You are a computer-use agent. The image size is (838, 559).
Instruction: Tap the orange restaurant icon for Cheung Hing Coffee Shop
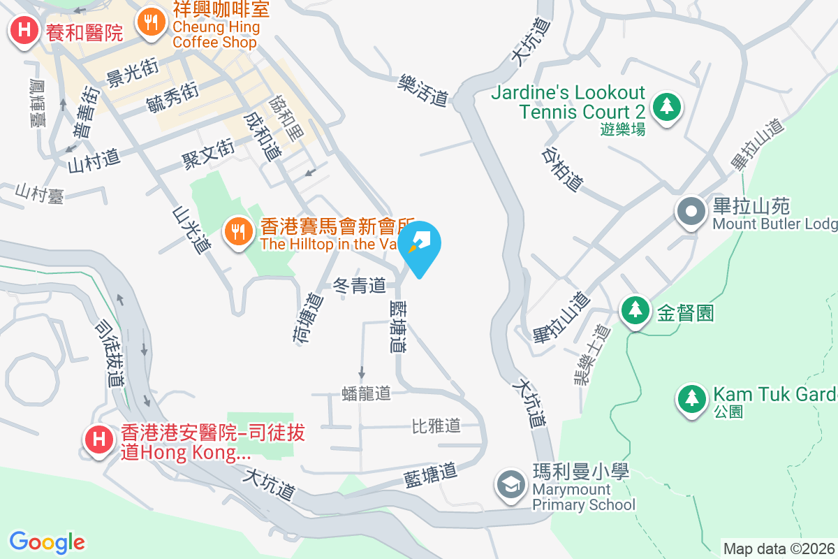151,23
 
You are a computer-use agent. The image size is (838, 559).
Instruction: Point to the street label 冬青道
360,285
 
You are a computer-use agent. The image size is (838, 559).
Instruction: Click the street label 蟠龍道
367,393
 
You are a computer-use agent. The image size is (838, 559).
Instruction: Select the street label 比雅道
436,426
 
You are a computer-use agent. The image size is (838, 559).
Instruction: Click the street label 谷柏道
563,168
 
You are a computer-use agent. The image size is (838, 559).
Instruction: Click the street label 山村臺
41,194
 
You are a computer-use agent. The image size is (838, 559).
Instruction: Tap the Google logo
47,542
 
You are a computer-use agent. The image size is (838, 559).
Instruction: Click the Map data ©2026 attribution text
779,549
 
